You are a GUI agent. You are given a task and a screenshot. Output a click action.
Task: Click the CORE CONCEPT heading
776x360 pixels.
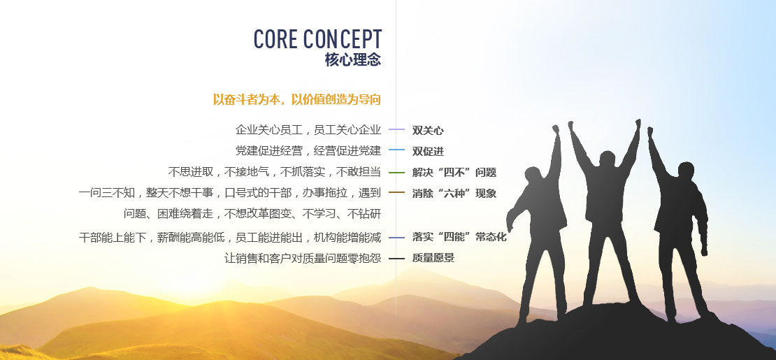pos(317,39)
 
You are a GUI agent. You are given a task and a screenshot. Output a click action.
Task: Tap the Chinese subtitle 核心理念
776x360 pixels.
pos(353,60)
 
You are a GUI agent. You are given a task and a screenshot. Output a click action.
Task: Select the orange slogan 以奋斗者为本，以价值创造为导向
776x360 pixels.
pos(297,99)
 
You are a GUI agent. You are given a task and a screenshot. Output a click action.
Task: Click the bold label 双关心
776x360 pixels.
pos(428,131)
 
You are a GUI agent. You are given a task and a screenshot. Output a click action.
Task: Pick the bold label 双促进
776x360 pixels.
pos(428,152)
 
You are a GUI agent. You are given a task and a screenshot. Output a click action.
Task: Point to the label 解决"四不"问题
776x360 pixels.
pos(454,173)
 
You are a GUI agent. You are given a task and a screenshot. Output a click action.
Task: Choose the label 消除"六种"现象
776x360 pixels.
pos(454,194)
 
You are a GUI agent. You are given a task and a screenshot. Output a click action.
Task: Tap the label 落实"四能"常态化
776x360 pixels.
pos(459,237)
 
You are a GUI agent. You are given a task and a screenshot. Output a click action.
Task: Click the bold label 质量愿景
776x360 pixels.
pos(433,258)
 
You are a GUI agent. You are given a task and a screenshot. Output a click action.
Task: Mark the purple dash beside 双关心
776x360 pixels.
pos(397,130)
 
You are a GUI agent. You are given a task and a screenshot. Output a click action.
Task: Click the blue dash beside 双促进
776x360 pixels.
pos(397,150)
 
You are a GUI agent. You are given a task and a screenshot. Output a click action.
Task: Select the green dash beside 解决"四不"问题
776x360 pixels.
pos(397,173)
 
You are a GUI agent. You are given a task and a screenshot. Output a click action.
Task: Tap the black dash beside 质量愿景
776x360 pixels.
pos(397,259)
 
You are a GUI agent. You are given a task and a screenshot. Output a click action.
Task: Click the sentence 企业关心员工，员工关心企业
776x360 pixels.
pos(308,130)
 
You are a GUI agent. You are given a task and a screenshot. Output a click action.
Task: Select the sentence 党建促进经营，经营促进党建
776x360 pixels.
pos(308,151)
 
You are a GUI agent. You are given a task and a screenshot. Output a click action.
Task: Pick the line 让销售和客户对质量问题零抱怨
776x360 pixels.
pos(303,258)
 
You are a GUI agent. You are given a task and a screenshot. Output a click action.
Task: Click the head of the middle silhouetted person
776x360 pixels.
pos(607,159)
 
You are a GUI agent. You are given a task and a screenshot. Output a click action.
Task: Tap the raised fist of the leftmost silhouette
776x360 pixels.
pos(556,129)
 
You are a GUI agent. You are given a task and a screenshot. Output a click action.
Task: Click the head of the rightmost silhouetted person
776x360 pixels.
pos(686,171)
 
